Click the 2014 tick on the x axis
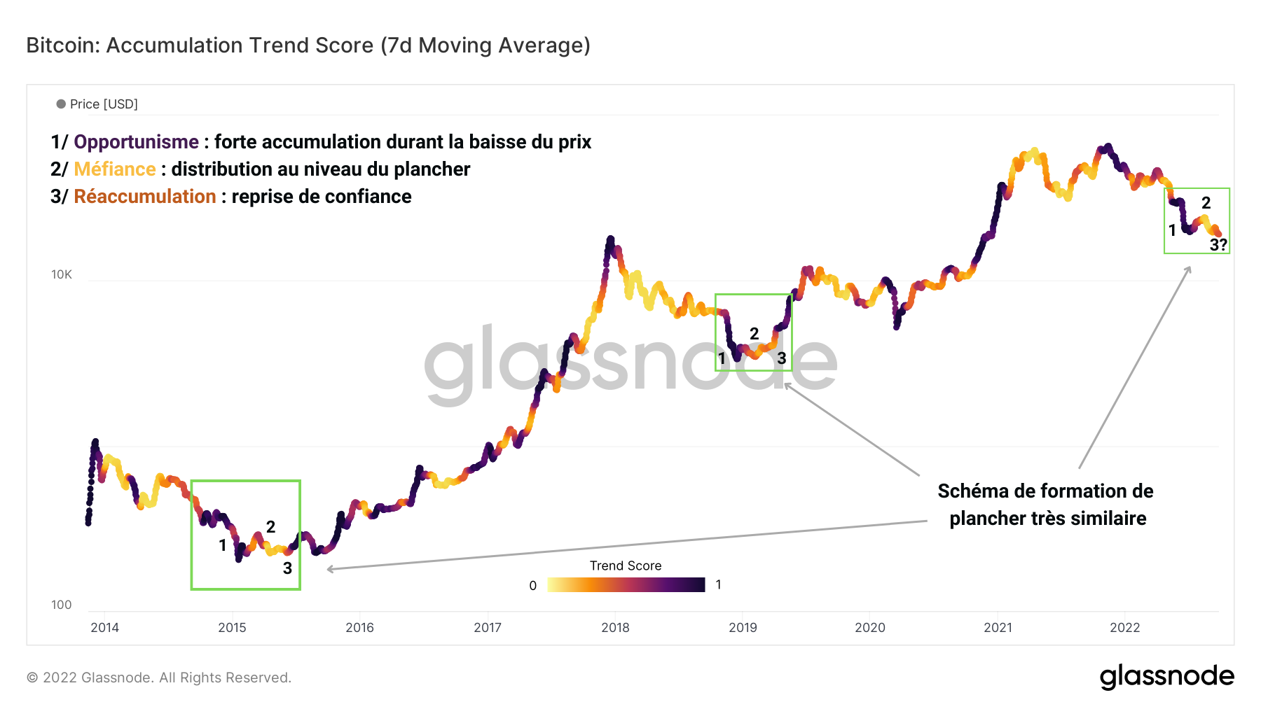(x=104, y=627)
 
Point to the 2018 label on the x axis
(x=615, y=627)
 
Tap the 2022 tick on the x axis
(x=1124, y=627)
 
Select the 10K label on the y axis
(x=62, y=274)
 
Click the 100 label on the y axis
(x=62, y=605)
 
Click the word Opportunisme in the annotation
(x=136, y=142)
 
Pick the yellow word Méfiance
(x=115, y=169)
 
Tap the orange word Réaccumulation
(x=145, y=197)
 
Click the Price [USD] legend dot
(x=61, y=104)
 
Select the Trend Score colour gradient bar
(x=626, y=584)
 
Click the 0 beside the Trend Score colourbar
(x=533, y=586)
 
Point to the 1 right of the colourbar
(x=718, y=584)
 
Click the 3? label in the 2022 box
(x=1218, y=245)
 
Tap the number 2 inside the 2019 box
(x=754, y=334)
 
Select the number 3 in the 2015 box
(x=287, y=568)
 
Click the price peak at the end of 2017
(x=610, y=239)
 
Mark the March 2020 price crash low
(x=897, y=326)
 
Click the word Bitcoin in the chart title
(x=63, y=45)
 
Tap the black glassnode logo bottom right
(x=1166, y=677)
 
